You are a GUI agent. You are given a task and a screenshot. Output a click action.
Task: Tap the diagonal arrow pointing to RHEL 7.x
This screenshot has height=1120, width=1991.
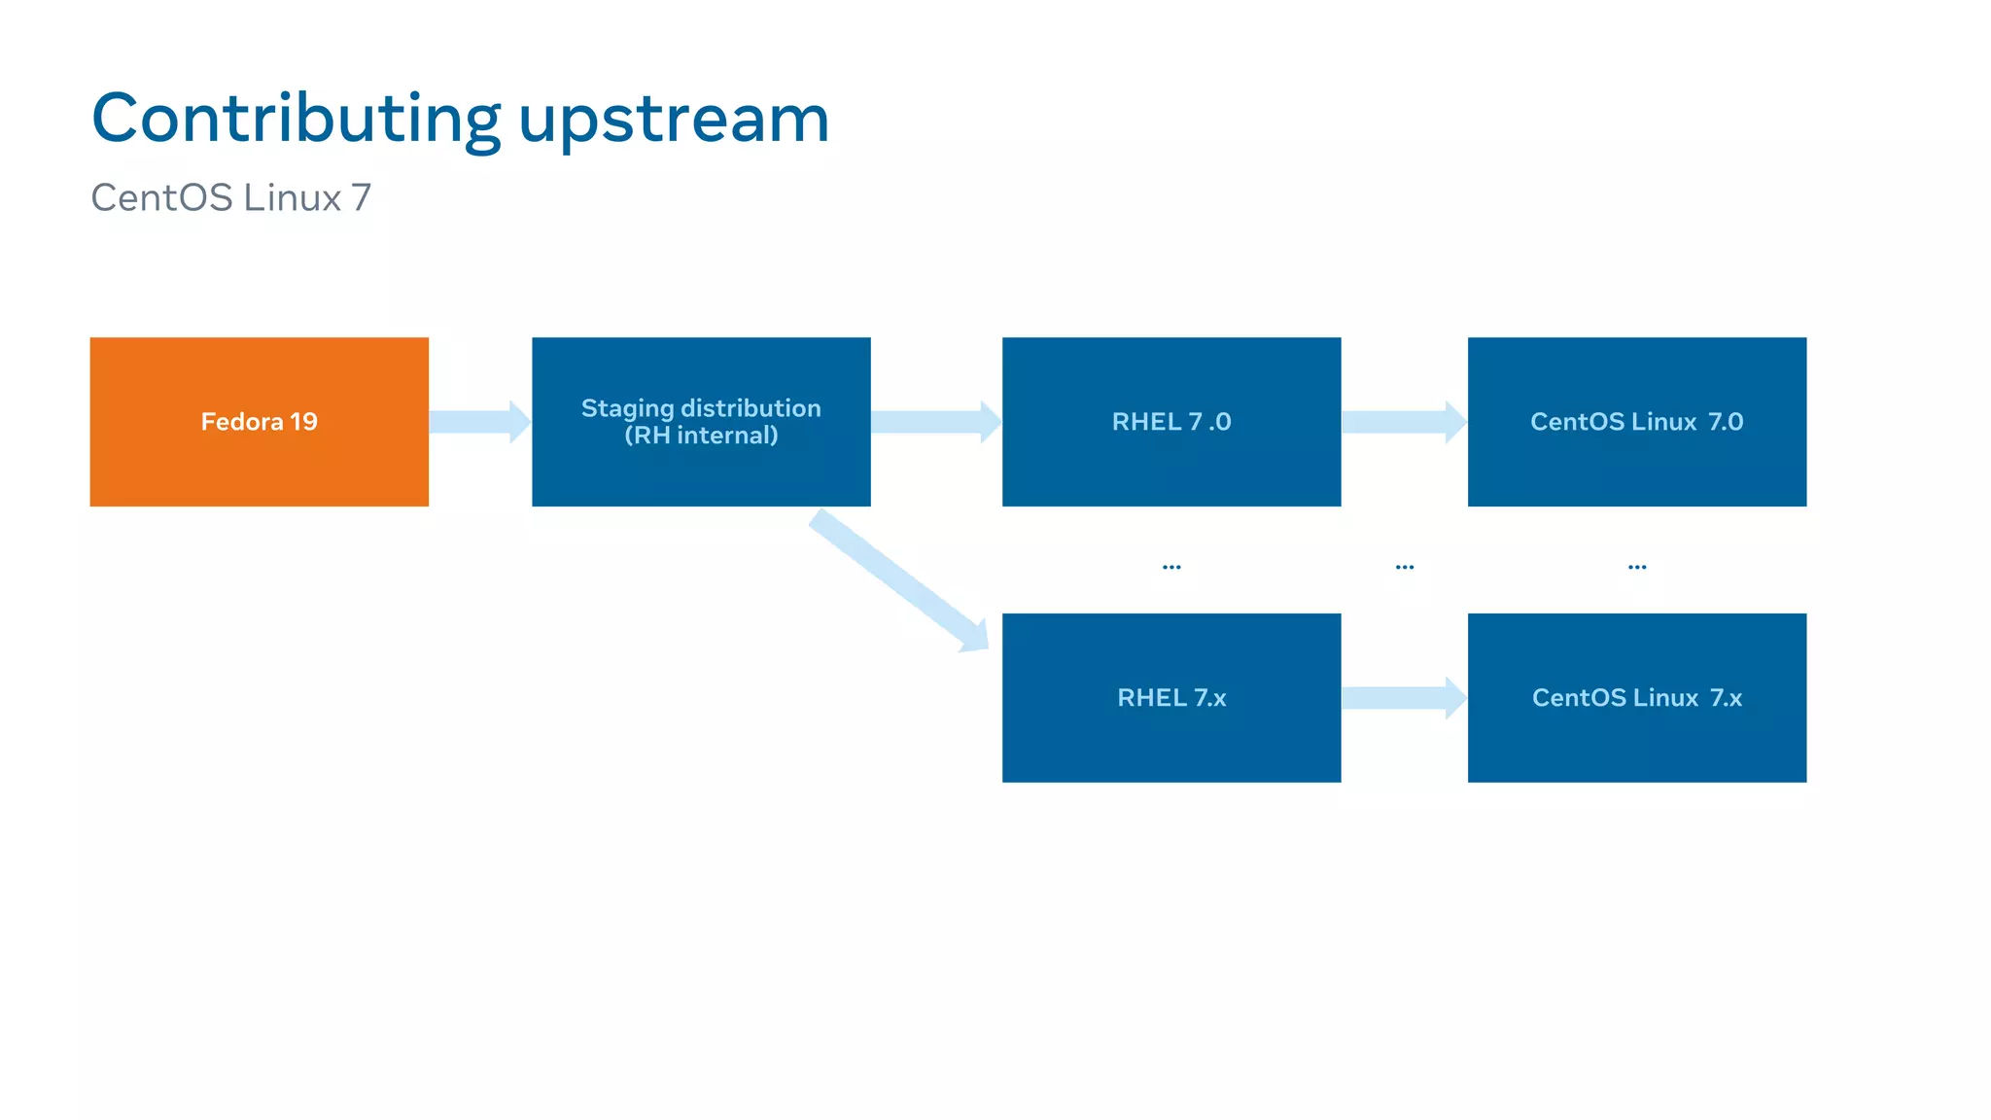899,580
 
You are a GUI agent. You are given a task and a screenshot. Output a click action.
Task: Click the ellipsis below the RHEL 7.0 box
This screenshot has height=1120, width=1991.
1171,567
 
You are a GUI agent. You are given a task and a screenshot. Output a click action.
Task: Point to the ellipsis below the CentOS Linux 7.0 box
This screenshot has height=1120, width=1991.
1637,567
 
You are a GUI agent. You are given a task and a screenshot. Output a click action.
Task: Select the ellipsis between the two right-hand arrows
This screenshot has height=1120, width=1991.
1405,567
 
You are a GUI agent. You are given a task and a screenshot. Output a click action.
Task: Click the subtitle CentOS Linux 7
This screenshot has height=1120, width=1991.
231,197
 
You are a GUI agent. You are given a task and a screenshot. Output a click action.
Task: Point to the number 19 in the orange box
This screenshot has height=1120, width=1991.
303,422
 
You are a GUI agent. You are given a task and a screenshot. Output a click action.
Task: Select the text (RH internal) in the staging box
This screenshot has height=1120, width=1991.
701,436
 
